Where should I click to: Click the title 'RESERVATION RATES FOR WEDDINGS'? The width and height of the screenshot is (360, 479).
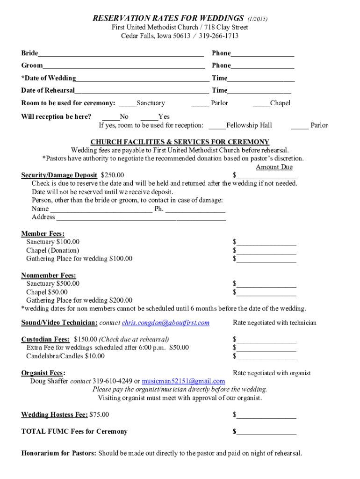tap(168, 19)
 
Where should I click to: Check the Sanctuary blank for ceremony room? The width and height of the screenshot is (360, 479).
tap(128, 103)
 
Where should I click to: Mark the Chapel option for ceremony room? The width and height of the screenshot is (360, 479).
tap(261, 103)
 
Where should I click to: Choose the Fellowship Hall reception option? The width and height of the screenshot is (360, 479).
tap(217, 125)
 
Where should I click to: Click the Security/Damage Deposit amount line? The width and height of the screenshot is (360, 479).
tap(266, 176)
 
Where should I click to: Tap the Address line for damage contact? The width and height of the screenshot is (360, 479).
tap(141, 218)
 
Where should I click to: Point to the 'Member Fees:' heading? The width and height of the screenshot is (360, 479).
tap(43, 233)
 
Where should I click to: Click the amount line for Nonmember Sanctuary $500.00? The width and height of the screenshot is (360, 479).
tap(266, 284)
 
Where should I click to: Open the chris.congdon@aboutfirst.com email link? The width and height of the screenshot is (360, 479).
tap(166, 323)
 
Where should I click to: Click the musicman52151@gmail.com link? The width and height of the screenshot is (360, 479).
tap(183, 381)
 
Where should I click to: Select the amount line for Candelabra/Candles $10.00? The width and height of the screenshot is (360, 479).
tap(266, 357)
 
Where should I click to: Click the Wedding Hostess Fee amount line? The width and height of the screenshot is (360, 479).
tap(266, 415)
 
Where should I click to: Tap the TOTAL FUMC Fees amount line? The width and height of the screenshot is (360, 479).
tap(266, 432)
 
